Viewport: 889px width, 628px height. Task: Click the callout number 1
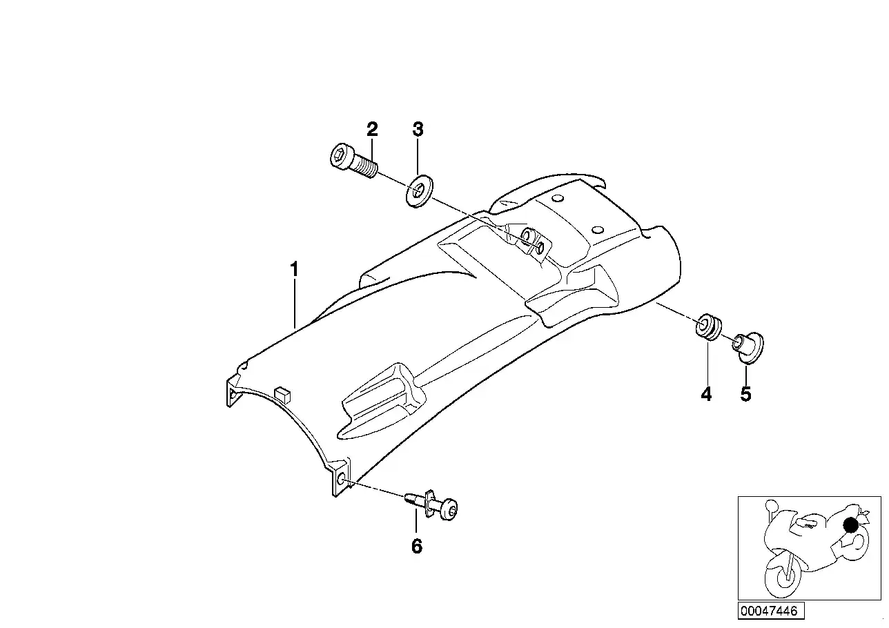point(294,269)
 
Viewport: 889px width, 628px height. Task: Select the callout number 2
point(372,129)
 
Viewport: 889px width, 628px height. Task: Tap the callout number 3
point(418,129)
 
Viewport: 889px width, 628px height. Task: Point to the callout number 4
point(707,394)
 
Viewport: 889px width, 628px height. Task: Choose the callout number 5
point(745,394)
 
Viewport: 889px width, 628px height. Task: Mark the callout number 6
point(417,547)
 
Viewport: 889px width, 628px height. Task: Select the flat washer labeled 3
point(419,191)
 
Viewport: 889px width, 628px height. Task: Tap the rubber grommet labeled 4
point(708,327)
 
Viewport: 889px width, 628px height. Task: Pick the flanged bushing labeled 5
point(748,348)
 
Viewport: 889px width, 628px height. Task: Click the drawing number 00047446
point(769,611)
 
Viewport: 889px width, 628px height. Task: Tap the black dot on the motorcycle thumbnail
point(850,525)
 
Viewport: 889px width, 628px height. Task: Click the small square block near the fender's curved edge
point(282,395)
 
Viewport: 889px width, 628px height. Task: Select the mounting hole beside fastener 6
point(340,481)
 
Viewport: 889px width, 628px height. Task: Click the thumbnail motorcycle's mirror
point(771,505)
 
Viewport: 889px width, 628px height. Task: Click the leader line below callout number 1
point(295,304)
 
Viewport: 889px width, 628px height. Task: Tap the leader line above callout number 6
point(416,520)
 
